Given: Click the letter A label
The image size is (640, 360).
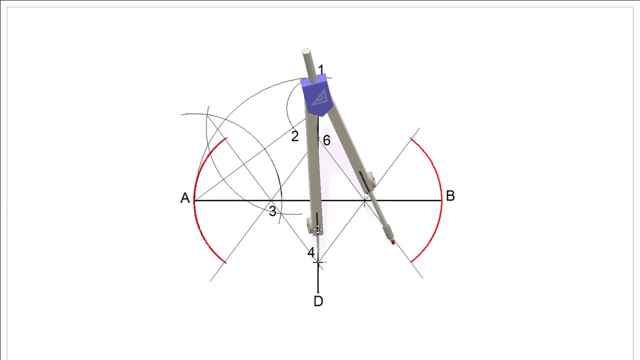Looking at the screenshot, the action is [x=185, y=198].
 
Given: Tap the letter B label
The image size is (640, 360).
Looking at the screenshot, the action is [x=450, y=196].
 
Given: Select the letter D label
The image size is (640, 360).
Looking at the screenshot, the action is [x=318, y=301].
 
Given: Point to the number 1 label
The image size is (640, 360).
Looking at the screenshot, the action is [x=321, y=70].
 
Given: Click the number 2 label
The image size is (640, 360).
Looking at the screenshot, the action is [x=295, y=136].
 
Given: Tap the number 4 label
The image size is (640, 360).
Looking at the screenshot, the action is [x=311, y=252].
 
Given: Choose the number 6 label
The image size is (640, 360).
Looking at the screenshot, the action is [x=326, y=140].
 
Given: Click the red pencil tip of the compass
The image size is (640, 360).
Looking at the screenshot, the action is [x=393, y=242].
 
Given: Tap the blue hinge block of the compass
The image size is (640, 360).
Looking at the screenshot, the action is [x=315, y=95].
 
